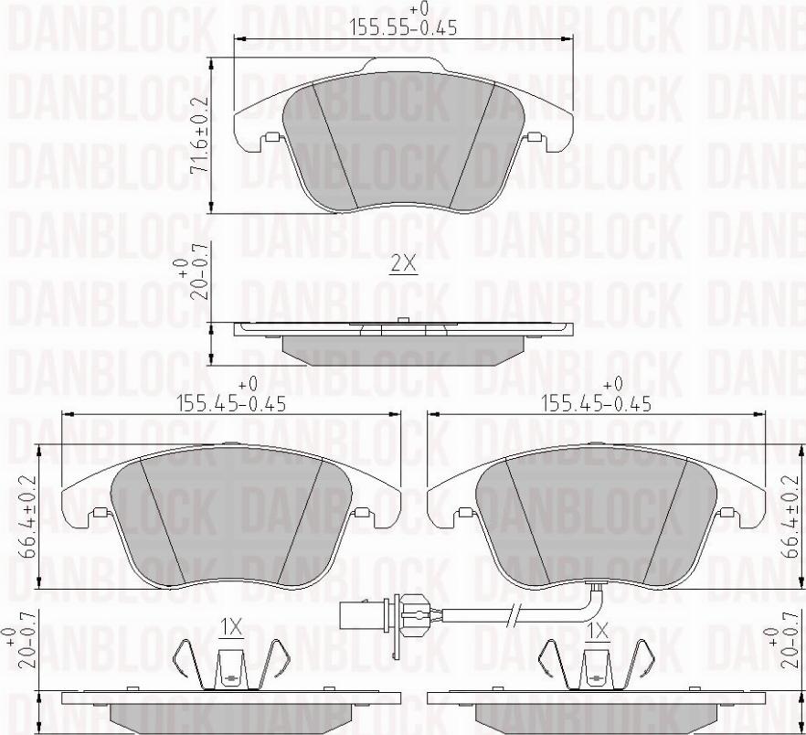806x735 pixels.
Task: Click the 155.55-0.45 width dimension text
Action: (x=404, y=28)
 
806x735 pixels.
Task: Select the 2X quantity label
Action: (x=403, y=264)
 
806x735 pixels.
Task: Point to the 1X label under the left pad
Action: (x=230, y=627)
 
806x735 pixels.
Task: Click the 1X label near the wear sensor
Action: (x=599, y=631)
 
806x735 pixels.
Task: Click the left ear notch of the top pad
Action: (x=271, y=139)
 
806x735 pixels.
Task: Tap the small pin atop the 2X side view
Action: (x=403, y=319)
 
